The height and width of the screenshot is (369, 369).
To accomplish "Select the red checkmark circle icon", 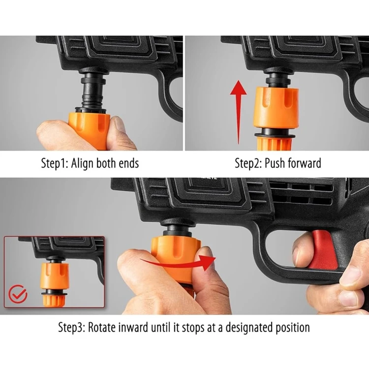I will [18, 295].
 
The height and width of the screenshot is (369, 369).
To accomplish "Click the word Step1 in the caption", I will [55, 163].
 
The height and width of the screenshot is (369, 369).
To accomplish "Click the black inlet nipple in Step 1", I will [91, 91].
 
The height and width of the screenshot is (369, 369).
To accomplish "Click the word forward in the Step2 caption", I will [305, 163].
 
